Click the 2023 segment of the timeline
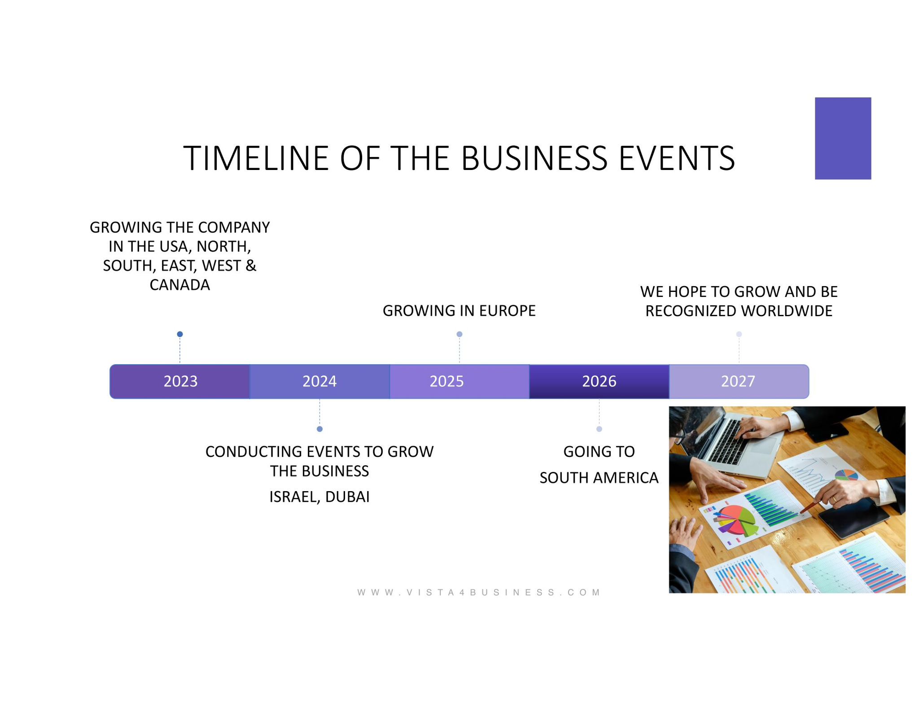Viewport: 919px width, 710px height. tap(180, 381)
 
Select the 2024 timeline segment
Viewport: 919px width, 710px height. tap(319, 381)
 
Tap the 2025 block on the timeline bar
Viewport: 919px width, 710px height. tap(459, 381)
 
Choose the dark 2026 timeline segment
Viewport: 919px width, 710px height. tap(599, 381)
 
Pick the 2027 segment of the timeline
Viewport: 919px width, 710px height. tap(739, 381)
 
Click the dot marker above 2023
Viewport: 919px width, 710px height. tap(180, 334)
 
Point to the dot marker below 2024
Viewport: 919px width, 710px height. tap(319, 429)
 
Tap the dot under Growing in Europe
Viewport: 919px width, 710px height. tap(459, 334)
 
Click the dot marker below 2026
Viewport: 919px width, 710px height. tap(599, 429)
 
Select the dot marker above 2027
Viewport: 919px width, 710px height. tap(739, 334)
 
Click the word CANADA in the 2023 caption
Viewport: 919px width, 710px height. tap(179, 285)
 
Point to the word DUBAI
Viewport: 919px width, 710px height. tap(347, 497)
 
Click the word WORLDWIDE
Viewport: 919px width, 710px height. tap(787, 310)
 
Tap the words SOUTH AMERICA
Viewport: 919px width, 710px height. tap(599, 478)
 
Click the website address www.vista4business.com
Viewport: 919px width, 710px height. tap(479, 592)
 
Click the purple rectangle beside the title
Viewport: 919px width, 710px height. tap(843, 138)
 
